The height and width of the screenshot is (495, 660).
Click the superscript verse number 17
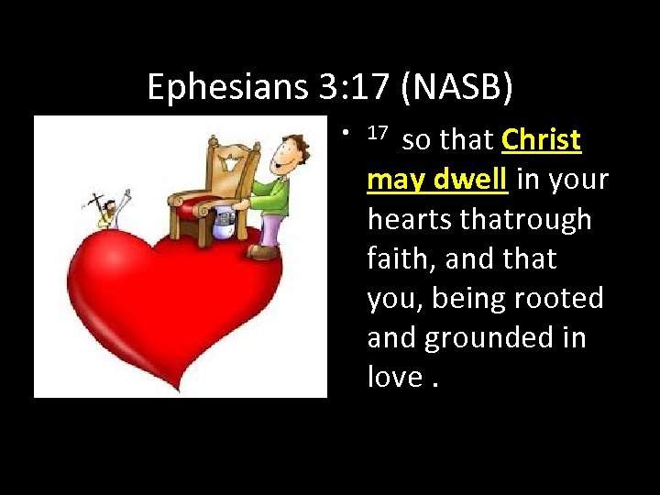pyautogui.click(x=378, y=134)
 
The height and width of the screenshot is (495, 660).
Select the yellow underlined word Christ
pyautogui.click(x=541, y=140)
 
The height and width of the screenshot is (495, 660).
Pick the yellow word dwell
pyautogui.click(x=470, y=180)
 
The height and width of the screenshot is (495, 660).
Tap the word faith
pyautogui.click(x=400, y=259)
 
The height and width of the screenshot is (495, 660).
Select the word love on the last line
pyautogui.click(x=395, y=378)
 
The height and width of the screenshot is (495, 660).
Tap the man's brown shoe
pyautogui.click(x=263, y=250)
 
